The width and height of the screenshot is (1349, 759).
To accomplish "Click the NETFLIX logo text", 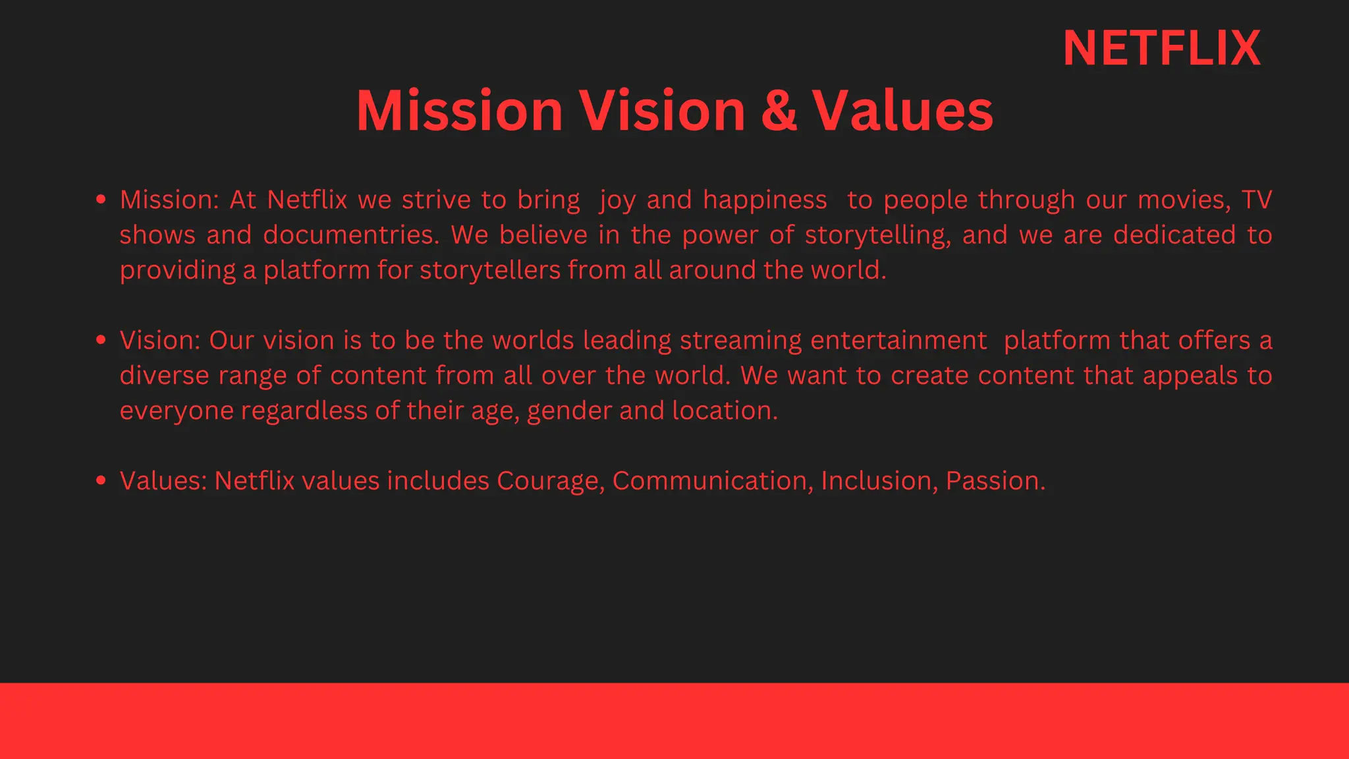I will coord(1161,49).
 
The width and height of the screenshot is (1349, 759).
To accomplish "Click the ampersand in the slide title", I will coord(779,111).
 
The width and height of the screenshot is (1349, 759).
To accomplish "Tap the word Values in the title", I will coord(902,111).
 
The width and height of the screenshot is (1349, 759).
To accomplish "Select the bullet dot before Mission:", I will coord(101,199).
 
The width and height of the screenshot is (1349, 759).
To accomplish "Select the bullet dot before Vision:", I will coord(101,340).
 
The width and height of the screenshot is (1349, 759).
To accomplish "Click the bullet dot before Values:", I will coord(101,480).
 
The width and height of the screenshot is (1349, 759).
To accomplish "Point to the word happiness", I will coord(765,200).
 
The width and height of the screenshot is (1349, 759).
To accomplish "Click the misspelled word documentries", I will coord(351,235).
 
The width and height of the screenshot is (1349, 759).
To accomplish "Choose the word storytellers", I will coord(490,270).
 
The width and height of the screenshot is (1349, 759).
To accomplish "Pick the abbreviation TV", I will coord(1256,200).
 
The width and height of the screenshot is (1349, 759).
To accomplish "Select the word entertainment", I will coord(898,341).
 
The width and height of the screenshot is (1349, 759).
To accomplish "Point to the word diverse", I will coord(164,376).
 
